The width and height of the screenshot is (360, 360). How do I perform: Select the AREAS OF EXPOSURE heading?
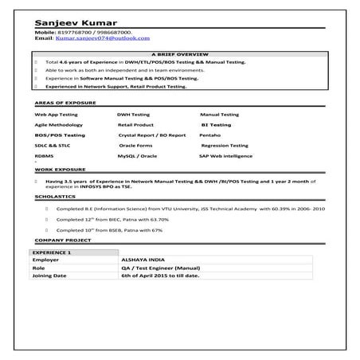pos(66,104)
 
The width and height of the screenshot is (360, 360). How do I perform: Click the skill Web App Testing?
pos(56,115)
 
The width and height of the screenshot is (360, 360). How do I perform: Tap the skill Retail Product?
pos(135,125)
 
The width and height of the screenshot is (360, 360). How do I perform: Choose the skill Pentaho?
pos(210,135)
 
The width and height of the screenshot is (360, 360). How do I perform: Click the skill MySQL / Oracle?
pos(137,157)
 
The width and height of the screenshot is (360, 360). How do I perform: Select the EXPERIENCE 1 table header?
pos(52,252)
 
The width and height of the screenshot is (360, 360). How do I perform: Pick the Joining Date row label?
pos(49,275)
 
